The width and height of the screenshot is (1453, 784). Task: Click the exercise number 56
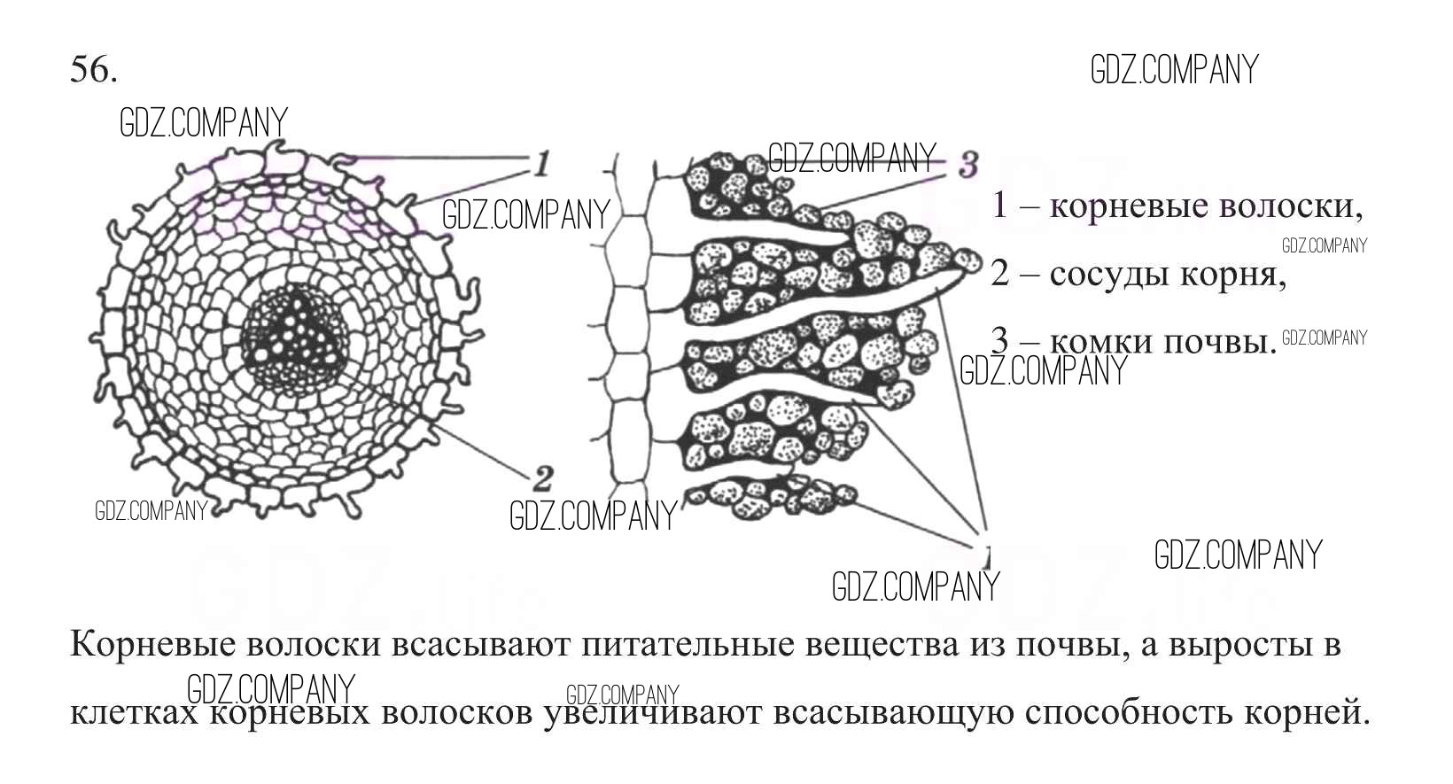93,69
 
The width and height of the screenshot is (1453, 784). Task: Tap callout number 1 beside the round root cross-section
540,163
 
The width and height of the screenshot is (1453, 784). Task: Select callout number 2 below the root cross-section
542,479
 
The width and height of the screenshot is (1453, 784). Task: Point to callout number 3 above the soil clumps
967,165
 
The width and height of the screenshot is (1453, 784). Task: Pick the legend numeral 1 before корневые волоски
999,206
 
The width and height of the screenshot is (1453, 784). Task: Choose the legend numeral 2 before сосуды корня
1000,274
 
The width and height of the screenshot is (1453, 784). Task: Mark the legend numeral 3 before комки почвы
999,341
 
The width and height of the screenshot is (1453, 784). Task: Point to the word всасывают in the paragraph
481,645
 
